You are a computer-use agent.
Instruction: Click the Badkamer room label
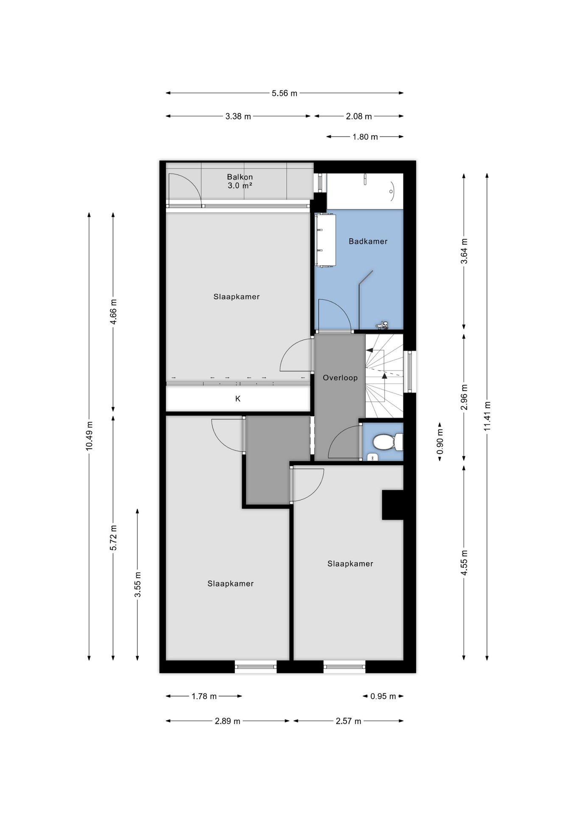pyautogui.click(x=368, y=241)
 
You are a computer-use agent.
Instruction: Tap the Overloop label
pyautogui.click(x=340, y=378)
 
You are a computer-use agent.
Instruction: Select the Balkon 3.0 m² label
pyautogui.click(x=240, y=181)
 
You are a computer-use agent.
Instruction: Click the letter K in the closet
pyautogui.click(x=238, y=399)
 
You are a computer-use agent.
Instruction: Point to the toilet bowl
pyautogui.click(x=383, y=442)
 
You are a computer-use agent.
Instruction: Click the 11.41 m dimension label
pyautogui.click(x=487, y=416)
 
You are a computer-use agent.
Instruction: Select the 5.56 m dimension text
pyautogui.click(x=284, y=93)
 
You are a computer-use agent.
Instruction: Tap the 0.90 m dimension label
pyautogui.click(x=440, y=441)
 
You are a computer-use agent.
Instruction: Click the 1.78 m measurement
pyautogui.click(x=204, y=696)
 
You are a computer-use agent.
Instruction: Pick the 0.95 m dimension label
pyautogui.click(x=383, y=696)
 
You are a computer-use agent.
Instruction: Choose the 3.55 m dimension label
pyautogui.click(x=137, y=584)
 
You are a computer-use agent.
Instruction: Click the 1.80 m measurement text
pyautogui.click(x=365, y=137)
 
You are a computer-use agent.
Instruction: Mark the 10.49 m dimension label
pyautogui.click(x=89, y=436)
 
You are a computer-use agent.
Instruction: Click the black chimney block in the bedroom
pyautogui.click(x=392, y=505)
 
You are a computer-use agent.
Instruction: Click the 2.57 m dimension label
pyautogui.click(x=348, y=721)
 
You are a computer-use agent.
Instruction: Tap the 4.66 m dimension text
pyautogui.click(x=113, y=312)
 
